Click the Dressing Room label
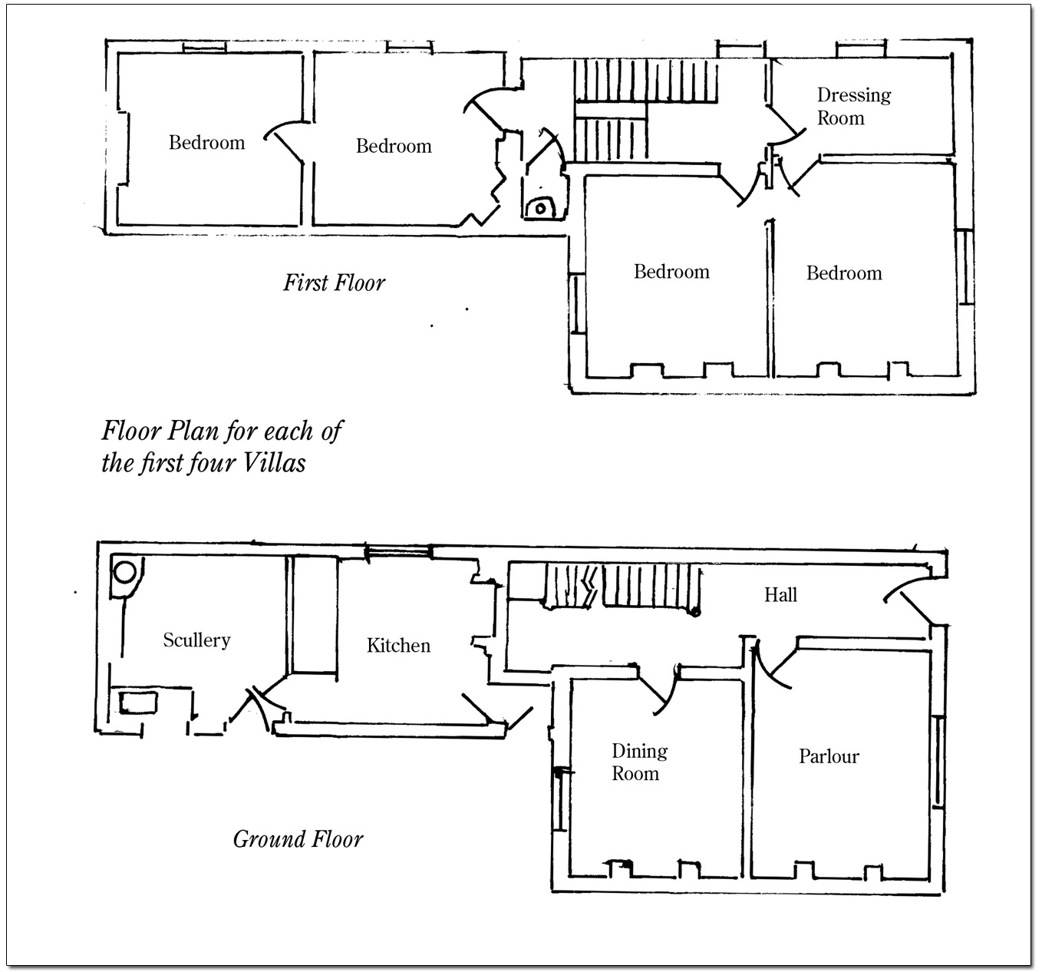coord(853,106)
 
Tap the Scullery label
coord(196,640)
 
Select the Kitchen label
coord(398,646)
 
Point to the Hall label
coord(780,595)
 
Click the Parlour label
coord(829,756)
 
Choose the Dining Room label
coord(638,762)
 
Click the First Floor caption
coord(334,283)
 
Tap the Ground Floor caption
coord(298,839)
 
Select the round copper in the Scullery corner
coord(125,572)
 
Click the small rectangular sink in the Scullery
coord(138,702)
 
